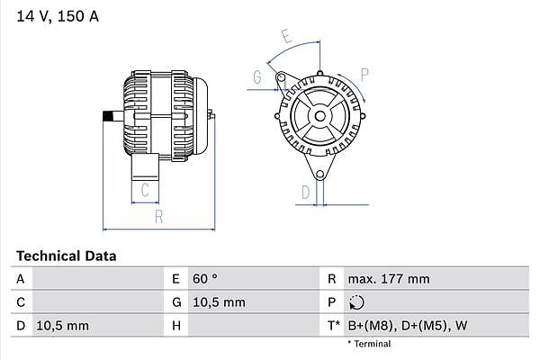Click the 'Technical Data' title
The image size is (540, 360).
pyautogui.click(x=66, y=256)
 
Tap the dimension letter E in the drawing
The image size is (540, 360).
pyautogui.click(x=285, y=36)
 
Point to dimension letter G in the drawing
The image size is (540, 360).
pyautogui.click(x=256, y=78)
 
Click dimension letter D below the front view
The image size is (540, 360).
pyautogui.click(x=305, y=192)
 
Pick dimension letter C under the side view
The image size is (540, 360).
pyautogui.click(x=144, y=190)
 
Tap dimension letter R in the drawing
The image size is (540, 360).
pyautogui.click(x=158, y=216)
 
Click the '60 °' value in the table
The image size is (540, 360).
pyautogui.click(x=205, y=280)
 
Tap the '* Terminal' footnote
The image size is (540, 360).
pyautogui.click(x=369, y=344)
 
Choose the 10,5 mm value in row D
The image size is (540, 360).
pyautogui.click(x=61, y=325)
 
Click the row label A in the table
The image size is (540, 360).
pyautogui.click(x=20, y=280)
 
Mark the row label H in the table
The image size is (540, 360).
pyautogui.click(x=176, y=325)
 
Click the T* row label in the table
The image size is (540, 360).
pyautogui.click(x=333, y=325)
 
